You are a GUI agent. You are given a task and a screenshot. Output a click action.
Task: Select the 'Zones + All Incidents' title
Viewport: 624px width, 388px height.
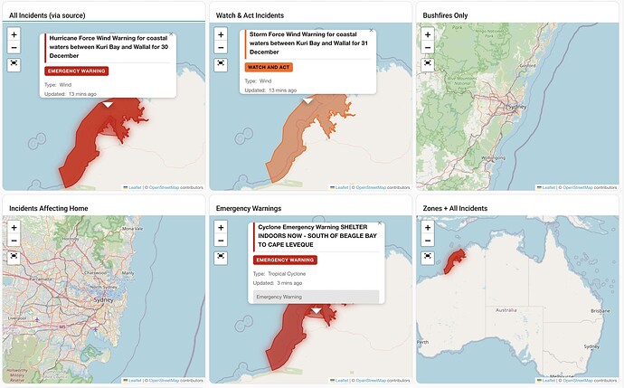460,208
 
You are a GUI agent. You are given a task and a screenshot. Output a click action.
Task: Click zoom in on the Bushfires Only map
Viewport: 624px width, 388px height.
428,33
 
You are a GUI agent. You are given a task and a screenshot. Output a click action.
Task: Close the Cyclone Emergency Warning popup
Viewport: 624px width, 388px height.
379,222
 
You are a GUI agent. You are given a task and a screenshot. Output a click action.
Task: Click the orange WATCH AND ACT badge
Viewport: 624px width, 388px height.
269,67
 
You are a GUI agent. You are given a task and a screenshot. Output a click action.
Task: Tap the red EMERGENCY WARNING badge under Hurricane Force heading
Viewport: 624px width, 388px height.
76,71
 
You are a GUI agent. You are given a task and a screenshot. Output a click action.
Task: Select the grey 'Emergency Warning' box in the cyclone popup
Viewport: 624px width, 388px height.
314,297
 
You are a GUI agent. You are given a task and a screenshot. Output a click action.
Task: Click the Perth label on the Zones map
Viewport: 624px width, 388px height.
422,343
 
